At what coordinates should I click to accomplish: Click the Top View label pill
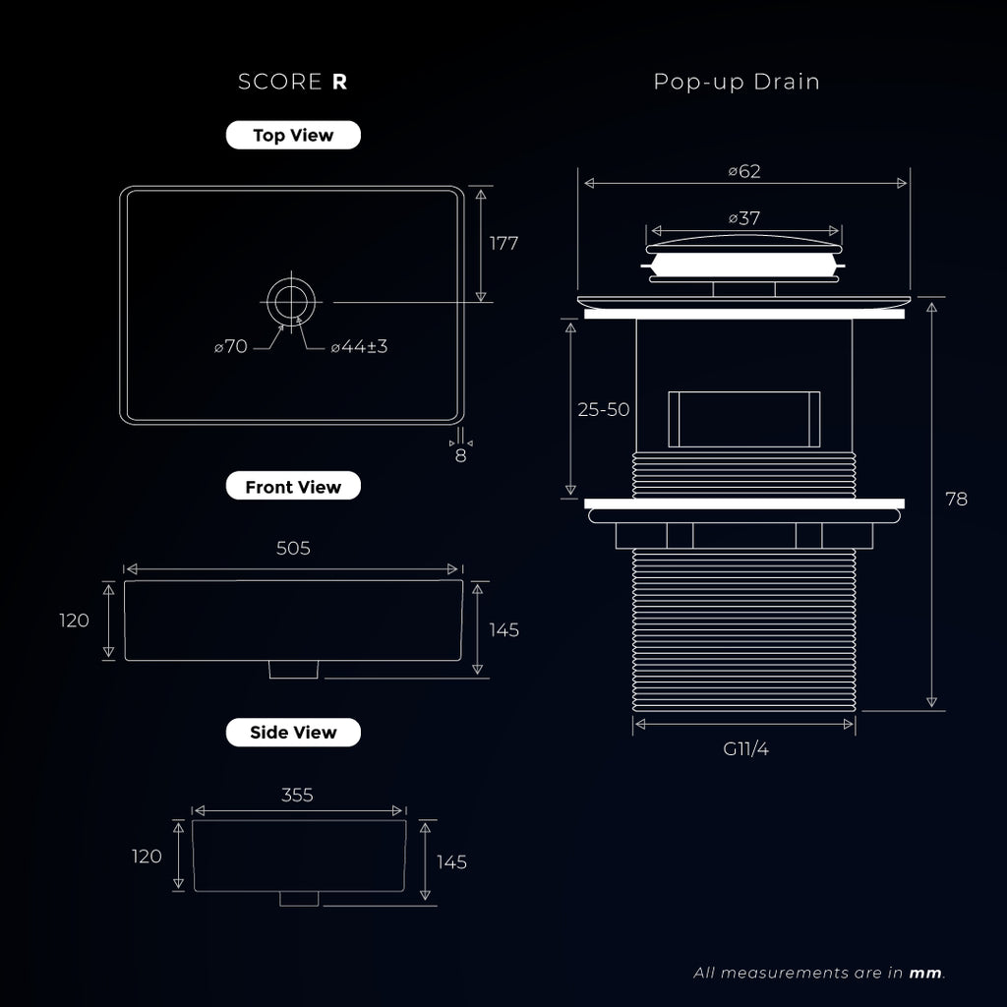coord(293,135)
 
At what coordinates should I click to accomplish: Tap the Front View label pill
coord(293,486)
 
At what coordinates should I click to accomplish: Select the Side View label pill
coord(293,732)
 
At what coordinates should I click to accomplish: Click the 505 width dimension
coord(293,548)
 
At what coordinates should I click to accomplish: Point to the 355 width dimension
coord(297,795)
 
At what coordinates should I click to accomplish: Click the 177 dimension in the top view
coord(503,244)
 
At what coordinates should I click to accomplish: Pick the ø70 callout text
coord(231,347)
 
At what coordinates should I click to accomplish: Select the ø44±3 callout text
coord(359,347)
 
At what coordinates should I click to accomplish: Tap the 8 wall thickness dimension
coord(460,456)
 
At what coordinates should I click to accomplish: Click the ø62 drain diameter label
coord(744,171)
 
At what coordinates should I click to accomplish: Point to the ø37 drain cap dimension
coord(744,218)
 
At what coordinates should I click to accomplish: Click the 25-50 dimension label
coord(604,410)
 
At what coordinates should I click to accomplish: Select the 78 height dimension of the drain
coord(956,499)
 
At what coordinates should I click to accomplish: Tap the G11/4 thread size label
coord(745,748)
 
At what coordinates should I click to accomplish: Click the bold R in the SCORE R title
coord(339,83)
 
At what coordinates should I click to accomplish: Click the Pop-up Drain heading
coord(737,83)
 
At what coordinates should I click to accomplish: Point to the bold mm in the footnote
coord(925,973)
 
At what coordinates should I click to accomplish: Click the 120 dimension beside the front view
coord(74,621)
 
